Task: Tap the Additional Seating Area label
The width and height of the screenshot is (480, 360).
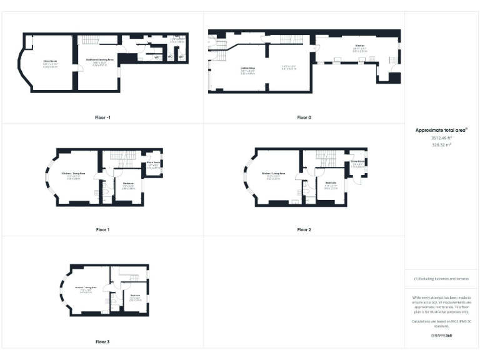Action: click(99, 60)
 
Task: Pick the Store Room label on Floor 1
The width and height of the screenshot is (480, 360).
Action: click(153, 162)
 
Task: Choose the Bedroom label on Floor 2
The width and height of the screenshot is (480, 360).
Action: click(331, 183)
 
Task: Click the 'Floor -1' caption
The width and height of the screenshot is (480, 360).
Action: click(102, 117)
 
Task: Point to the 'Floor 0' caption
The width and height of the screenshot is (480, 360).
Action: click(304, 117)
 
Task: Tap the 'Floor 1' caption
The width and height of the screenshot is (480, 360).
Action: click(102, 229)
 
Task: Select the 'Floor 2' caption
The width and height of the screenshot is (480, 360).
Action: click(304, 229)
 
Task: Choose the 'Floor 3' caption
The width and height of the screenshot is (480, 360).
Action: click(102, 342)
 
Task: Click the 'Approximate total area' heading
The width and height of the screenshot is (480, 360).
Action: click(441, 130)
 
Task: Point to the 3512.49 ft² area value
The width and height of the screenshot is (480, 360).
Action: click(442, 137)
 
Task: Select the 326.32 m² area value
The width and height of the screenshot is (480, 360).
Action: click(442, 144)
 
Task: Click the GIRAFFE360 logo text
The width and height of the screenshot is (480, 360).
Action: click(442, 336)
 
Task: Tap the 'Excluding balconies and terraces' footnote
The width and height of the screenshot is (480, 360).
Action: click(442, 279)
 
